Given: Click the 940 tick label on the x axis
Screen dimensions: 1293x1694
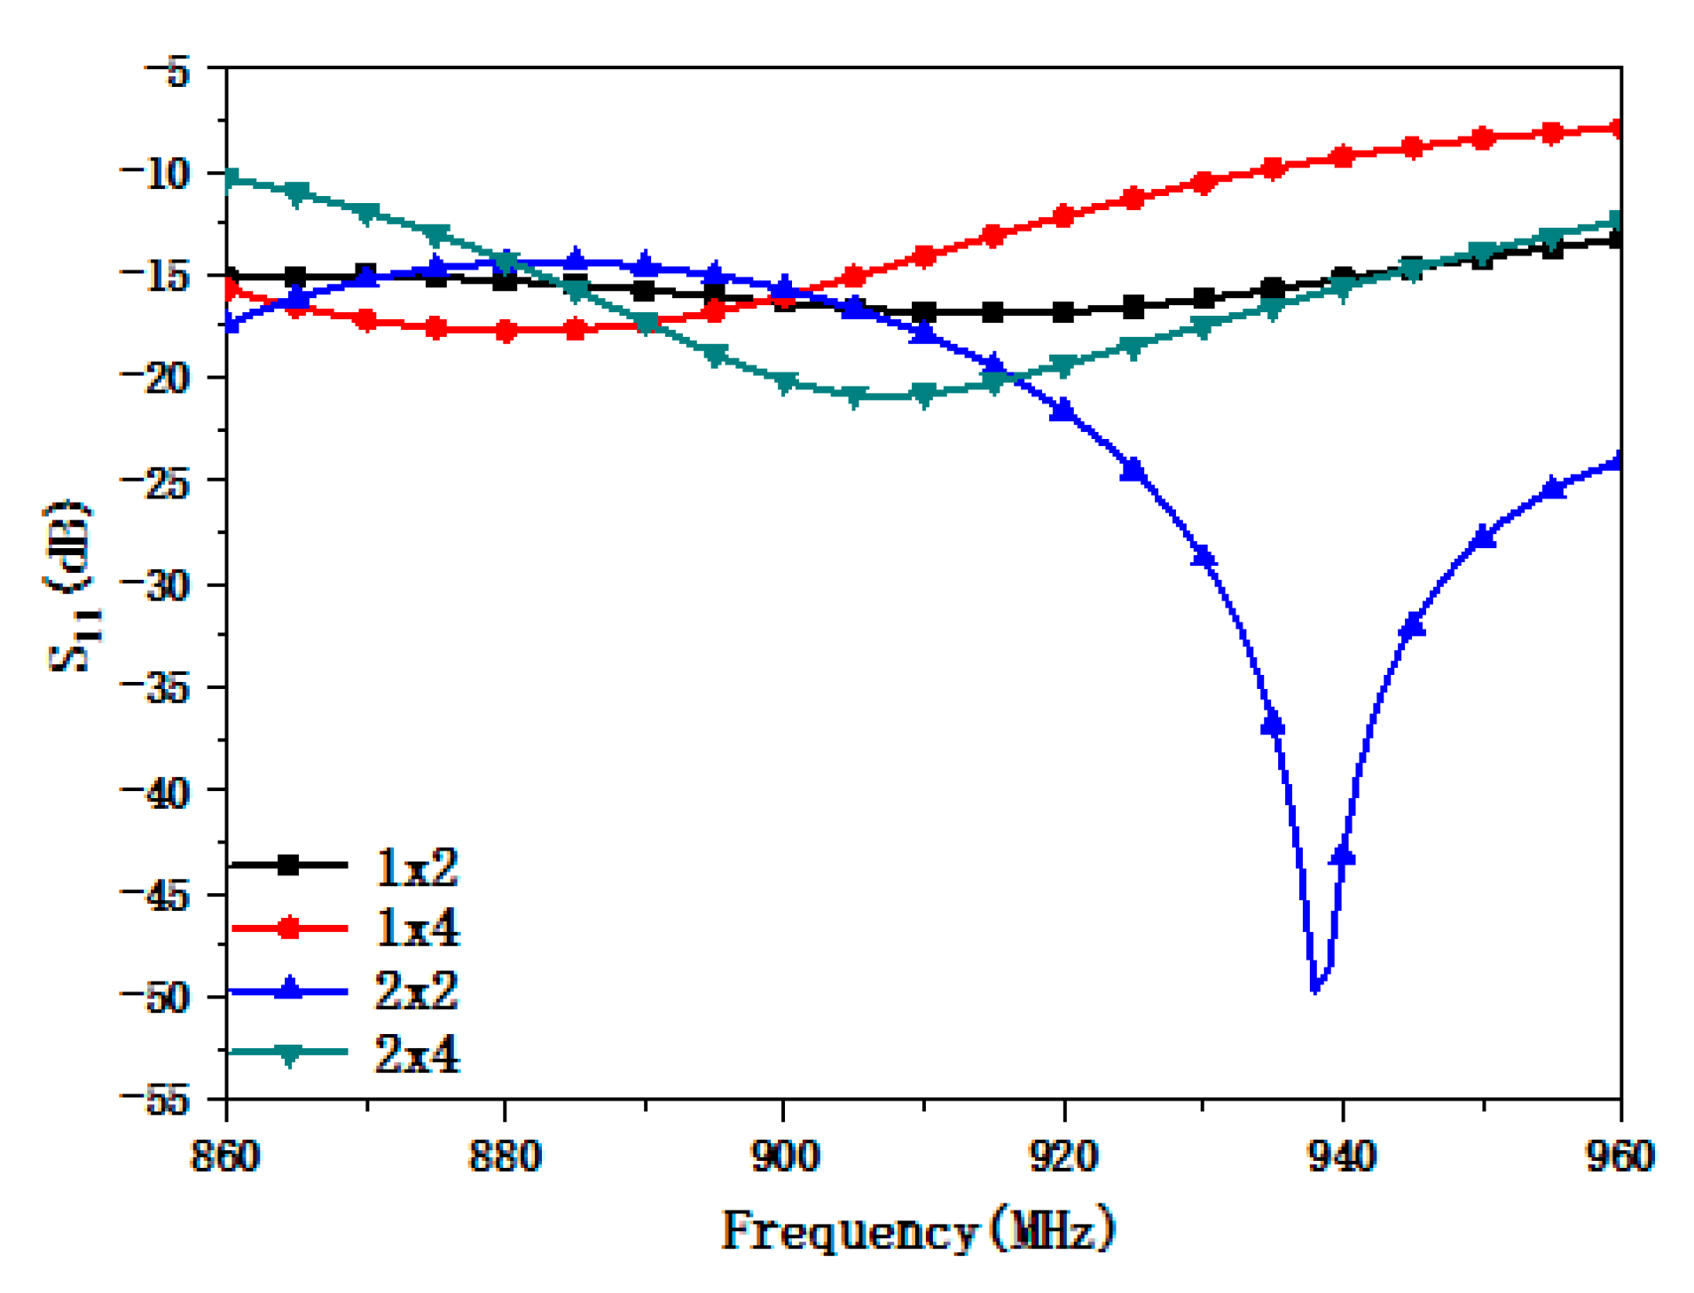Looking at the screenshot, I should tap(1342, 1156).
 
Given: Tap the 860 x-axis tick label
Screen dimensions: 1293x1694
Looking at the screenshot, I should tap(226, 1156).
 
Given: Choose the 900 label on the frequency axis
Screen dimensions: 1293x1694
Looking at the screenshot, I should tap(784, 1156).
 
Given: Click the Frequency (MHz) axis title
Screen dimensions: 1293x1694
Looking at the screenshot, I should tap(917, 1230).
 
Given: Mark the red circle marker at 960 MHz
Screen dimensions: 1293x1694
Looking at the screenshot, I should tap(1619, 129).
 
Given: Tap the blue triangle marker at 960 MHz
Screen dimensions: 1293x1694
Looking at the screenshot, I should tap(1619, 460).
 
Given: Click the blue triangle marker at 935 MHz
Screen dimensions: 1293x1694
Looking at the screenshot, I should tap(1273, 723).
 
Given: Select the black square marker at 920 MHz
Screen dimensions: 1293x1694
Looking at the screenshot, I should tap(1063, 312).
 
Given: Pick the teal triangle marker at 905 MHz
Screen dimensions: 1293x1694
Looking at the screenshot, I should tap(854, 396).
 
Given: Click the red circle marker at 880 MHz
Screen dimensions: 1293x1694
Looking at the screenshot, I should tap(506, 332).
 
